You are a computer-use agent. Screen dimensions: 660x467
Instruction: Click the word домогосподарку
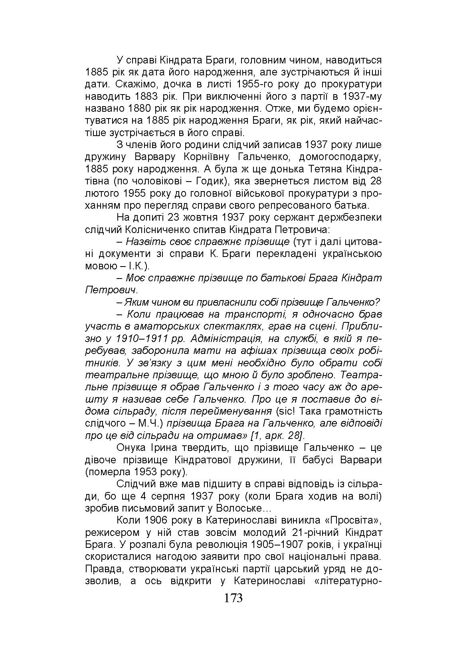(340, 156)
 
